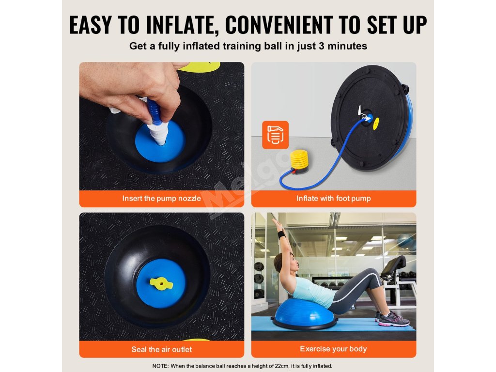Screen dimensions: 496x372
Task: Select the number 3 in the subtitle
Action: [x=322, y=46]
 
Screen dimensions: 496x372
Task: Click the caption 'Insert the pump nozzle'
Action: [x=162, y=199]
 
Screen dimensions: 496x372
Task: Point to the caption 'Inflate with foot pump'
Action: [x=333, y=199]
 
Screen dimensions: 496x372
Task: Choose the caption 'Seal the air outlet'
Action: [x=162, y=350]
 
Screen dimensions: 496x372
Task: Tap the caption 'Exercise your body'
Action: [x=333, y=349]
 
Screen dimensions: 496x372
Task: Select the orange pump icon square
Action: [x=275, y=135]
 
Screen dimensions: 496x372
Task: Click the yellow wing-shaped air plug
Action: [x=161, y=283]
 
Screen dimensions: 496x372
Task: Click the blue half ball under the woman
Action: [x=304, y=313]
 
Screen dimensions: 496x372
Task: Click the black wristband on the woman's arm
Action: [x=281, y=234]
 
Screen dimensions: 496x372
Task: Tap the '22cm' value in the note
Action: [x=281, y=366]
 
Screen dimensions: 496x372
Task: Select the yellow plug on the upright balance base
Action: [x=376, y=124]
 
